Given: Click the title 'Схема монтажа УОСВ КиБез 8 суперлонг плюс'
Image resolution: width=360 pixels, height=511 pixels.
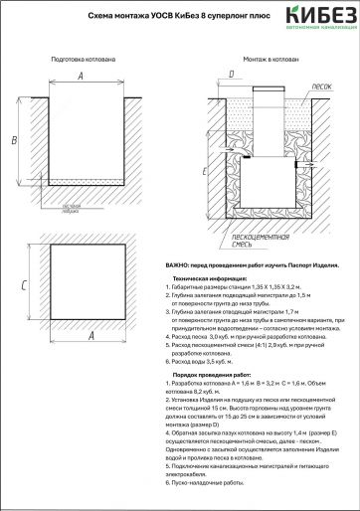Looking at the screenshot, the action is pos(164,17).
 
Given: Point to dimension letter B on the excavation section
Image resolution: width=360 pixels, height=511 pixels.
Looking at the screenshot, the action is pos(13,140).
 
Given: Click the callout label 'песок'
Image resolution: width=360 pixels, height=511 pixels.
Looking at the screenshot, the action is pos(293,86).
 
